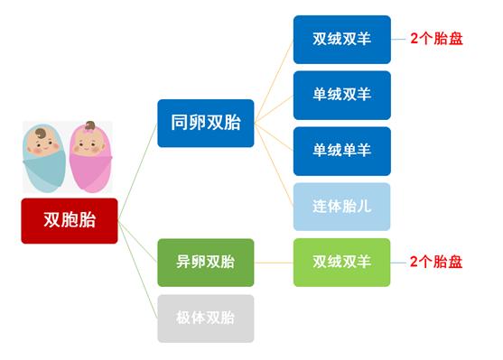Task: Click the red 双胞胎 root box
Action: (x=70, y=220)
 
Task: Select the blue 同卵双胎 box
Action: (x=205, y=123)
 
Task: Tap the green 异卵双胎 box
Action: (x=205, y=263)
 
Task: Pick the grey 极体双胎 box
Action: (x=205, y=318)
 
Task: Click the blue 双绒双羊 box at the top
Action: (x=341, y=40)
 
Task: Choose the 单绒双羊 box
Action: (x=341, y=95)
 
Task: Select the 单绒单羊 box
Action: (x=341, y=151)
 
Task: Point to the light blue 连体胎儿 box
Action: (x=341, y=207)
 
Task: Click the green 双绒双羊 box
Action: (x=341, y=263)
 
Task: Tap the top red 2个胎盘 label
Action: (x=435, y=41)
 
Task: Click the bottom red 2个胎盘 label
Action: (x=435, y=263)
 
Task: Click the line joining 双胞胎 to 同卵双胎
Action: (x=137, y=171)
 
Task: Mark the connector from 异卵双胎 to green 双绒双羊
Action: (x=274, y=263)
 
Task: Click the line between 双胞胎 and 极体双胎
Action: (x=139, y=267)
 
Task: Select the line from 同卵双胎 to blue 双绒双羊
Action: (x=275, y=81)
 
